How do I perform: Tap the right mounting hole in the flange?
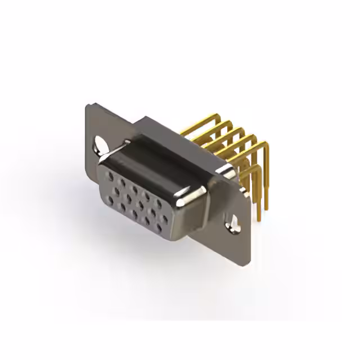pyautogui.click(x=232, y=224)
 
